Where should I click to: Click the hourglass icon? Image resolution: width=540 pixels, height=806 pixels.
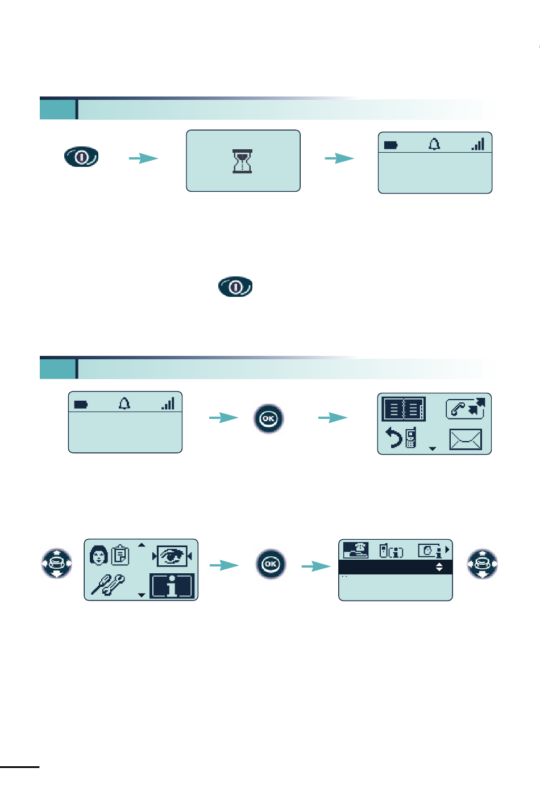click(243, 161)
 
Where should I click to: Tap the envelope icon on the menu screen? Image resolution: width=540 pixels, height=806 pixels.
click(465, 439)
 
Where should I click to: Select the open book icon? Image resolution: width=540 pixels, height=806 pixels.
click(404, 409)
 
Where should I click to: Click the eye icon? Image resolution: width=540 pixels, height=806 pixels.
click(173, 556)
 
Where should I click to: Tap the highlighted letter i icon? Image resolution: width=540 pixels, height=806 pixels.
click(172, 586)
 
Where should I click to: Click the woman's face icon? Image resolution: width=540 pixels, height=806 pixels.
click(98, 555)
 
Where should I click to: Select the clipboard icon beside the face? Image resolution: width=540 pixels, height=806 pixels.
click(121, 555)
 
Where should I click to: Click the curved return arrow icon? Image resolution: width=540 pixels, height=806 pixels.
click(393, 438)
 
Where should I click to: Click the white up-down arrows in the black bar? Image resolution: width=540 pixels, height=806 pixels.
click(439, 567)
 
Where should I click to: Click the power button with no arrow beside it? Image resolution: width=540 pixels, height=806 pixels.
click(235, 287)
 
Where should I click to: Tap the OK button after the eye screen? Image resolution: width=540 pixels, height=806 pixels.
click(271, 564)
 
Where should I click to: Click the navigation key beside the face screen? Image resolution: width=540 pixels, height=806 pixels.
click(56, 564)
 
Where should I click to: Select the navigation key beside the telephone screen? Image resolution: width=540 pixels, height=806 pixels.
click(482, 564)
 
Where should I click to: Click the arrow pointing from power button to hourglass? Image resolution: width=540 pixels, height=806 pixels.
click(143, 158)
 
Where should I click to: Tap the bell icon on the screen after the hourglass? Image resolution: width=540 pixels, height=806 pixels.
click(434, 145)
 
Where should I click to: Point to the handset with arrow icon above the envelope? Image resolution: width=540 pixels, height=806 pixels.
click(466, 408)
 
